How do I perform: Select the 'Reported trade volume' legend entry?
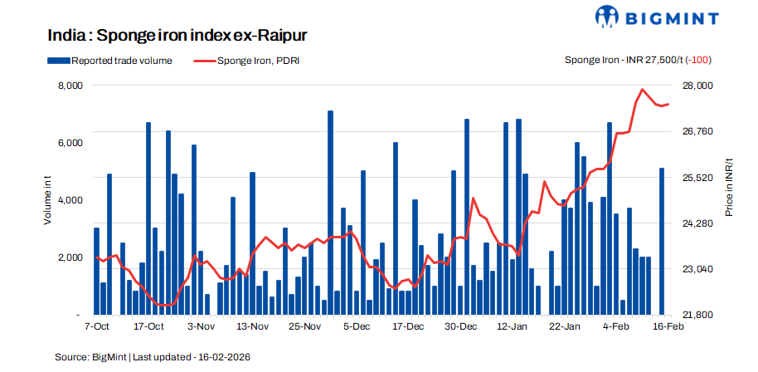click(109, 61)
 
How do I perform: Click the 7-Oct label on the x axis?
click(97, 328)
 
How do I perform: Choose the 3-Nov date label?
click(202, 328)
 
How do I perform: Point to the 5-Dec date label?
click(357, 328)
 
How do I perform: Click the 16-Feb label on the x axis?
click(668, 328)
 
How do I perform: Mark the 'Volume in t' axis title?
click(48, 201)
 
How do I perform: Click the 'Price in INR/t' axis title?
click(729, 187)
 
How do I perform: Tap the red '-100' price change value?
click(700, 61)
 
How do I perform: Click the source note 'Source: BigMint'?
click(90, 357)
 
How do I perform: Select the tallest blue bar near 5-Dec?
click(330, 213)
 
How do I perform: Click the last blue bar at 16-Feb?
click(661, 242)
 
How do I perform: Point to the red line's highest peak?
click(643, 89)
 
